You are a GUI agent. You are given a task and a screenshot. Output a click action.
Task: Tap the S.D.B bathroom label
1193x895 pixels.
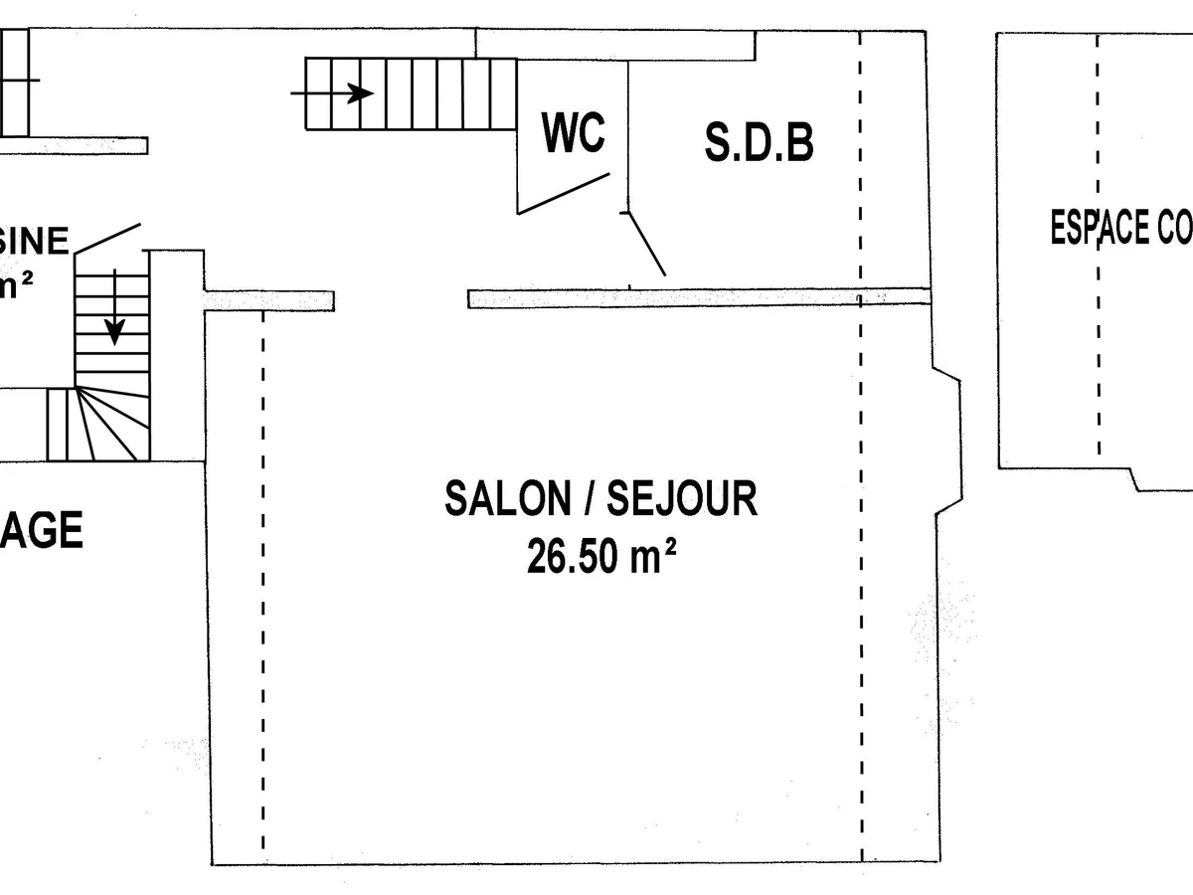pyautogui.click(x=760, y=142)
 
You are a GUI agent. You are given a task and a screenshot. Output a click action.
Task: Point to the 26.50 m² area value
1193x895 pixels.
pyautogui.click(x=601, y=558)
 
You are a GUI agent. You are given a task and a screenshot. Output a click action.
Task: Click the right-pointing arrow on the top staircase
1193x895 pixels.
pyautogui.click(x=358, y=93)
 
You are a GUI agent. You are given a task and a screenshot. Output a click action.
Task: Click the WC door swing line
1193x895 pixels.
pyautogui.click(x=563, y=193)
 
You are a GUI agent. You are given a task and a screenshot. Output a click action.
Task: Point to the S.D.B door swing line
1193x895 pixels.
pyautogui.click(x=646, y=244)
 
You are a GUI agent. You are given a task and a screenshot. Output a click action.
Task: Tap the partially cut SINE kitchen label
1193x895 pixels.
pyautogui.click(x=36, y=242)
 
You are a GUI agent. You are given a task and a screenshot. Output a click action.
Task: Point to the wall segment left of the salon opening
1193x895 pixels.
pyautogui.click(x=269, y=300)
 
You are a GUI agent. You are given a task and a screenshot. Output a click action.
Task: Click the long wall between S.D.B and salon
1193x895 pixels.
pyautogui.click(x=696, y=297)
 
